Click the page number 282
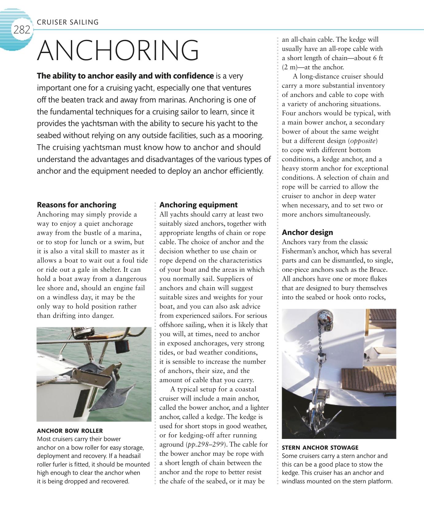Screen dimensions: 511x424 (x=21, y=30)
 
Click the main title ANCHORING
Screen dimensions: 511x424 (x=118, y=50)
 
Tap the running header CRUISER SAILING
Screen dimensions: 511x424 (x=67, y=22)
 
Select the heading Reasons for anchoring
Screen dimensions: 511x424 (x=76, y=205)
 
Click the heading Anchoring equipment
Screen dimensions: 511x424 (x=198, y=205)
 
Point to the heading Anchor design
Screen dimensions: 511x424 (x=307, y=232)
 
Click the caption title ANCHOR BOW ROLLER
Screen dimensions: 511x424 (x=70, y=431)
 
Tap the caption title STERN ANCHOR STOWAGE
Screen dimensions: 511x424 (x=320, y=448)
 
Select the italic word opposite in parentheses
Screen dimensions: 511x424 (x=362, y=141)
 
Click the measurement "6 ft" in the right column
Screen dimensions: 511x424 (x=378, y=58)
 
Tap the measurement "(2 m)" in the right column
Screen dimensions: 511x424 (x=289, y=67)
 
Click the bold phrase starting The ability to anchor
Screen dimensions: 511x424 (x=125, y=76)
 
